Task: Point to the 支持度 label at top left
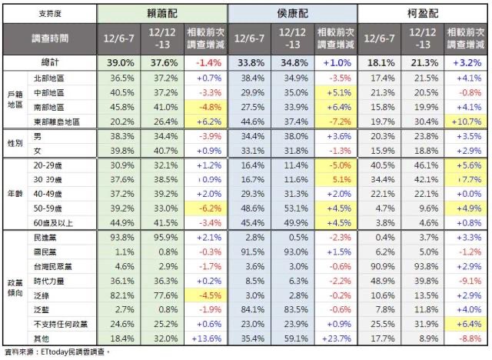[48, 13]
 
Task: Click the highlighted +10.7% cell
[467, 121]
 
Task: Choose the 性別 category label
[12, 142]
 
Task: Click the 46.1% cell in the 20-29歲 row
[422, 165]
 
